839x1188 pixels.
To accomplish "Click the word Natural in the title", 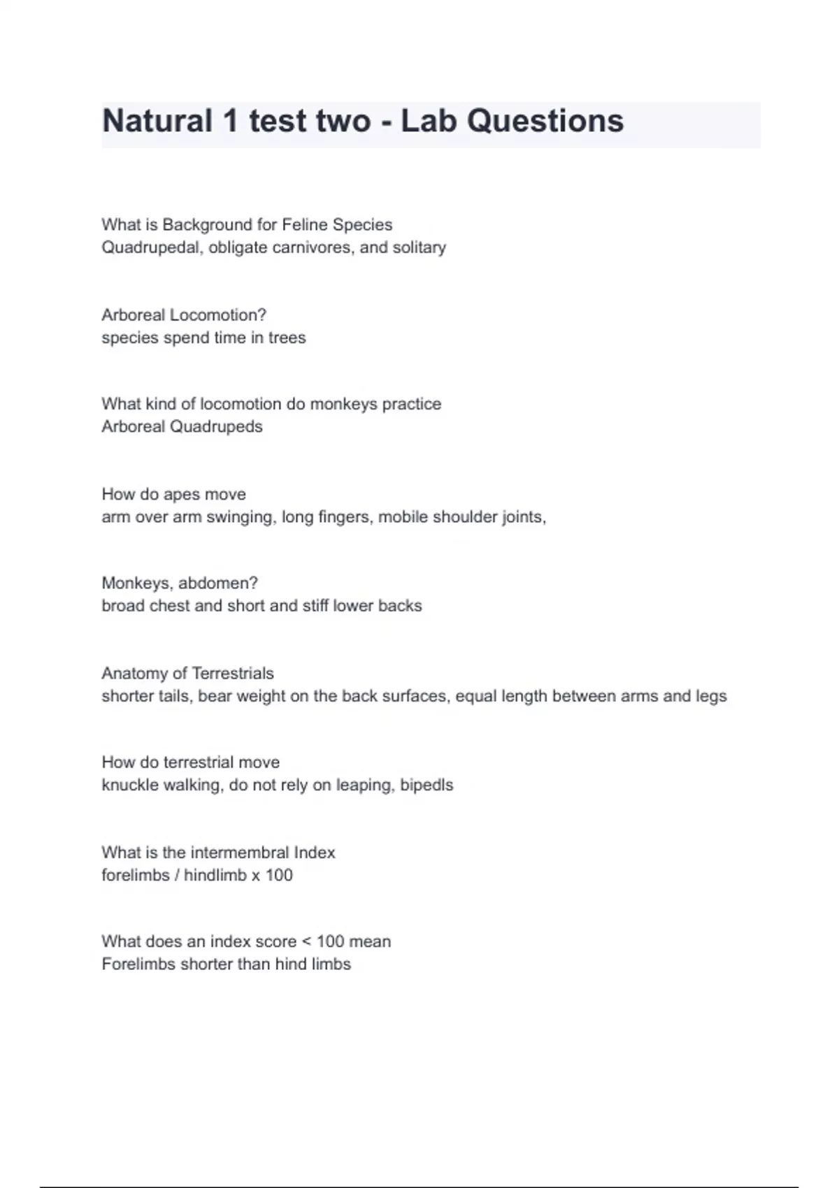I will click(x=157, y=121).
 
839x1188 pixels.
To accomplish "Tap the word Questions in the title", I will click(x=545, y=121).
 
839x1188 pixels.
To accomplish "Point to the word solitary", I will click(x=419, y=247).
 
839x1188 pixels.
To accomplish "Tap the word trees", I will click(x=287, y=338).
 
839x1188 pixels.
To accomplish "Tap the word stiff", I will click(x=315, y=606).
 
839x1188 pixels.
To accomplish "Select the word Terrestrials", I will click(x=232, y=674).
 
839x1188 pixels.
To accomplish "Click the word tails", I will click(x=176, y=696).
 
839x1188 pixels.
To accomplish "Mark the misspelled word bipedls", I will click(x=426, y=785).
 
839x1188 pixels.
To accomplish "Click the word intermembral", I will click(x=239, y=853).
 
